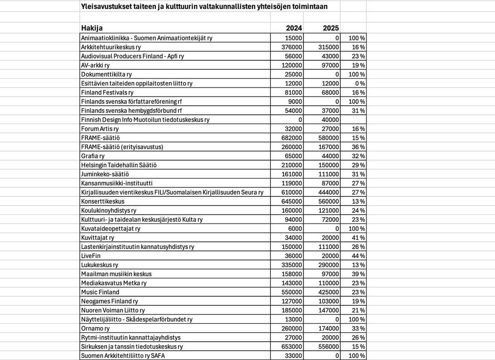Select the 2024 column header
tap(294, 28)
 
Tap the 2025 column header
tap(331, 28)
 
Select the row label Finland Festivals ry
tap(107, 92)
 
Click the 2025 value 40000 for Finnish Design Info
tap(330, 120)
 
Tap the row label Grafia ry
tap(93, 156)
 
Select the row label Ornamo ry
tap(95, 328)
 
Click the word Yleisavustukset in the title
tap(104, 6)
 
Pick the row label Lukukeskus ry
tap(99, 265)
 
